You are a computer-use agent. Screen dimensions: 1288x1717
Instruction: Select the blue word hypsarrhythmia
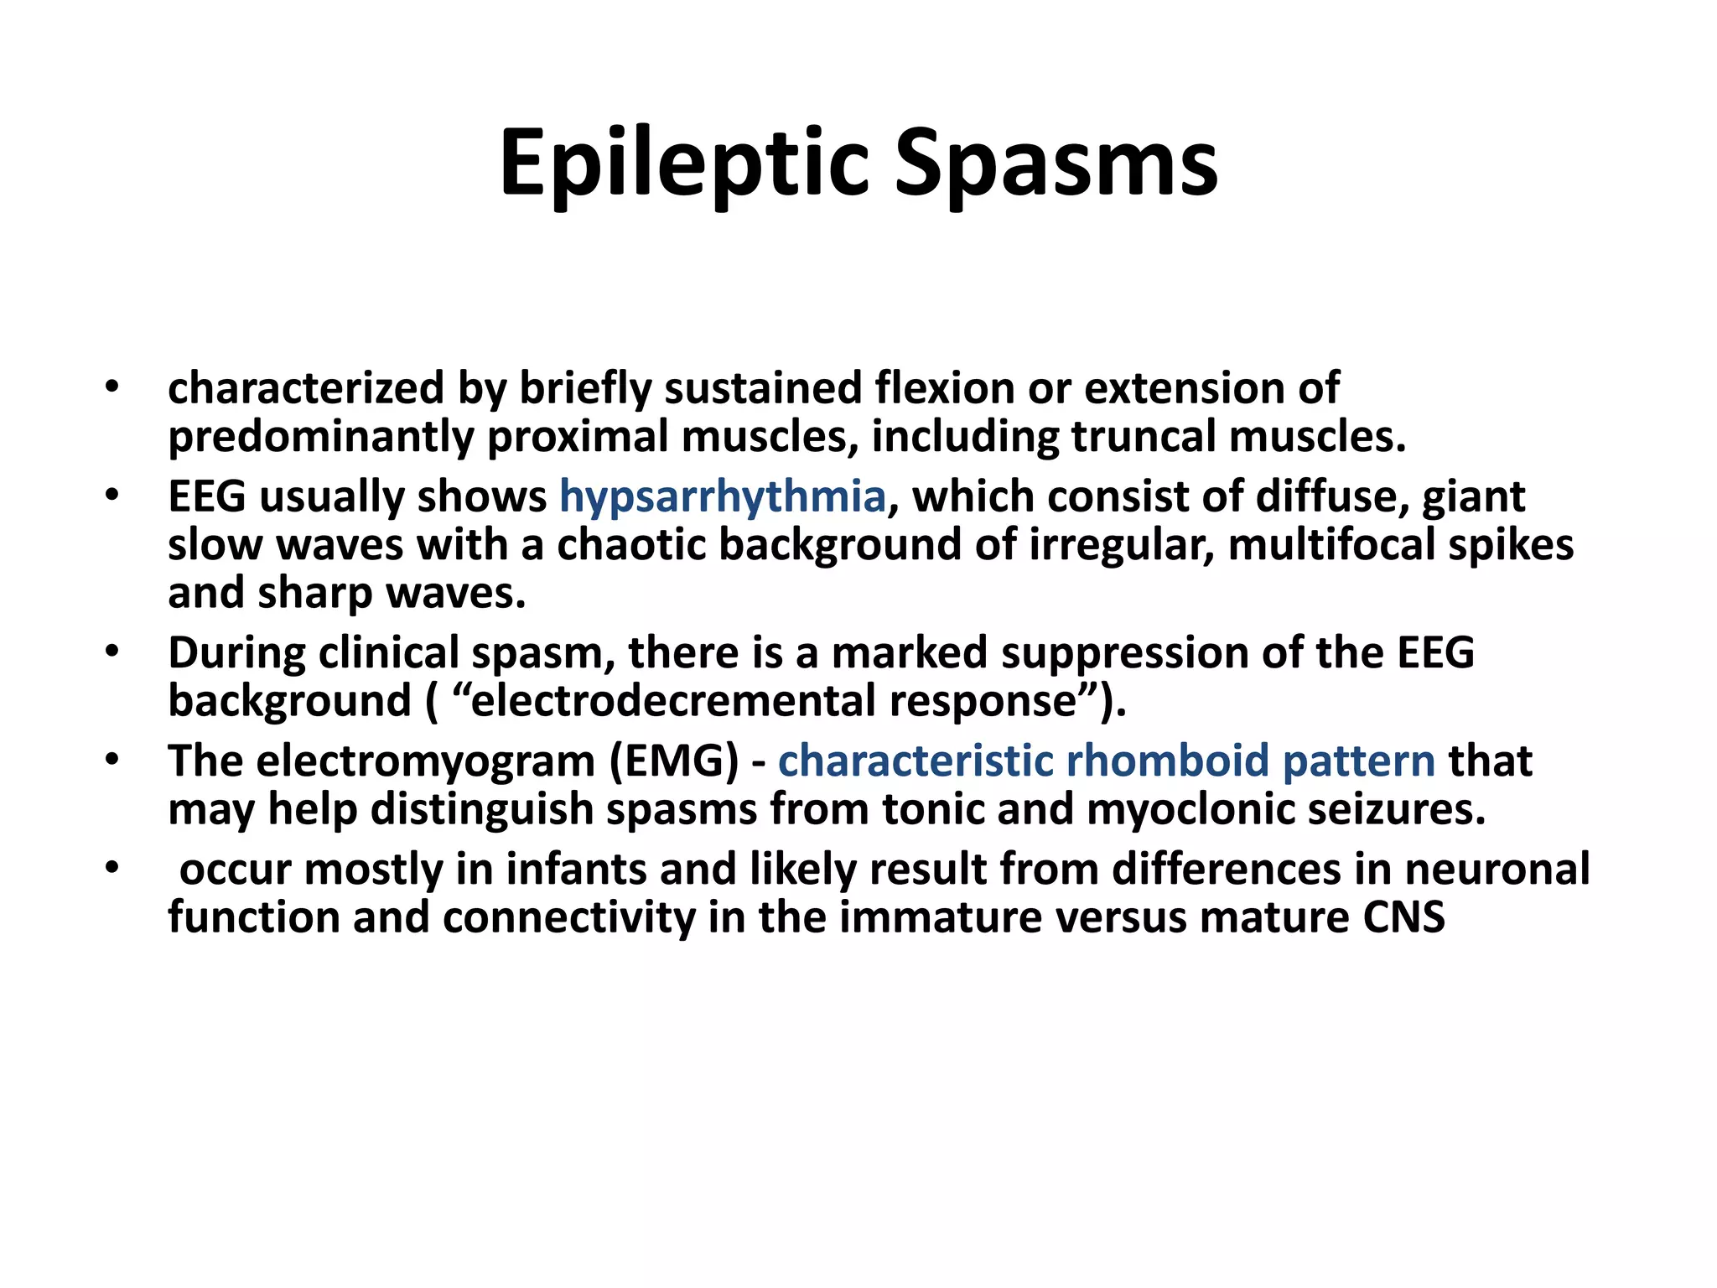[723, 496]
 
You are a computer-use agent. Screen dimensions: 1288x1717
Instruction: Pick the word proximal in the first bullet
[578, 437]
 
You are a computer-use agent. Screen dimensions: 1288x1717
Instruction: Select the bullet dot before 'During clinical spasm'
[112, 652]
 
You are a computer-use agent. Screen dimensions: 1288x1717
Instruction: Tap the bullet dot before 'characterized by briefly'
[112, 387]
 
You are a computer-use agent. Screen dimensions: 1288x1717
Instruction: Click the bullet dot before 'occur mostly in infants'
[112, 869]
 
